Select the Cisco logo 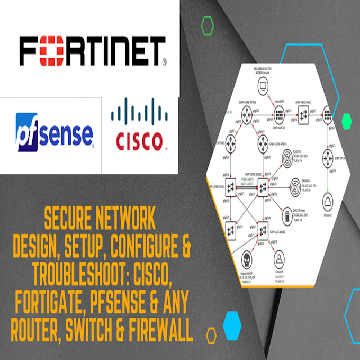click(138, 129)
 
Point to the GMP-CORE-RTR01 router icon click(247, 113)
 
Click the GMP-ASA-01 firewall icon click(279, 113)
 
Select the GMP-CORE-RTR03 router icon click(263, 142)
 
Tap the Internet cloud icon click(330, 200)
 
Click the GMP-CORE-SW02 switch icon click(263, 186)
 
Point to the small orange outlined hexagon click(211, 335)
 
